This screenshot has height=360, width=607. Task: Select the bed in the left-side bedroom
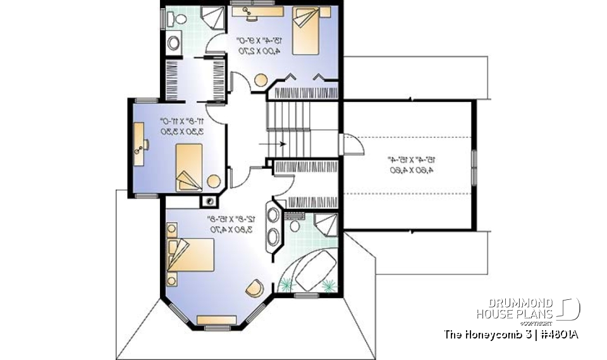tap(188, 166)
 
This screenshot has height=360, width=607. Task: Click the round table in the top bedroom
tap(261, 80)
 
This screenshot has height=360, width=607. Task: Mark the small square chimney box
tap(207, 201)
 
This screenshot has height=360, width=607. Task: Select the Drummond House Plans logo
tap(528, 309)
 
